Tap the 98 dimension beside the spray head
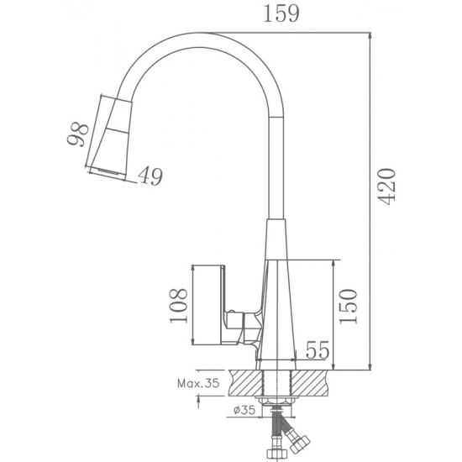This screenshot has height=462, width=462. coord(78,134)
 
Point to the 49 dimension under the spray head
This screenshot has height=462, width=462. coord(151,176)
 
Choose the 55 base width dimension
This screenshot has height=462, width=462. coord(316,350)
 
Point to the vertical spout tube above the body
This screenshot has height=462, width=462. coord(274,168)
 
